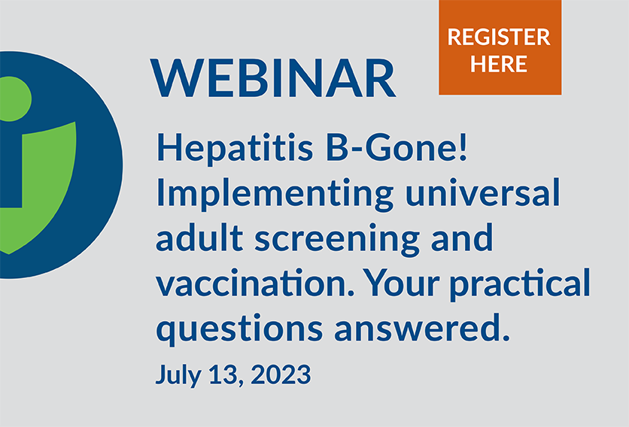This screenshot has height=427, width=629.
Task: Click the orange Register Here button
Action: click(x=500, y=47)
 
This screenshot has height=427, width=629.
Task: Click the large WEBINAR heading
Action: click(x=274, y=77)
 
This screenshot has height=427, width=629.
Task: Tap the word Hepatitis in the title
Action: click(x=220, y=147)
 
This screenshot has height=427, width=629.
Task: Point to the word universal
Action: click(x=482, y=193)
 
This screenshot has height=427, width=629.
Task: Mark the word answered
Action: click(x=430, y=329)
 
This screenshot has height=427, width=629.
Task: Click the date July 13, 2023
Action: click(x=232, y=374)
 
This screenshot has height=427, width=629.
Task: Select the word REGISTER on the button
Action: click(x=500, y=36)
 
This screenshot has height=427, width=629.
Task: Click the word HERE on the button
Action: click(x=500, y=63)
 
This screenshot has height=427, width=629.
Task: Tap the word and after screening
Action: click(x=463, y=238)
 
